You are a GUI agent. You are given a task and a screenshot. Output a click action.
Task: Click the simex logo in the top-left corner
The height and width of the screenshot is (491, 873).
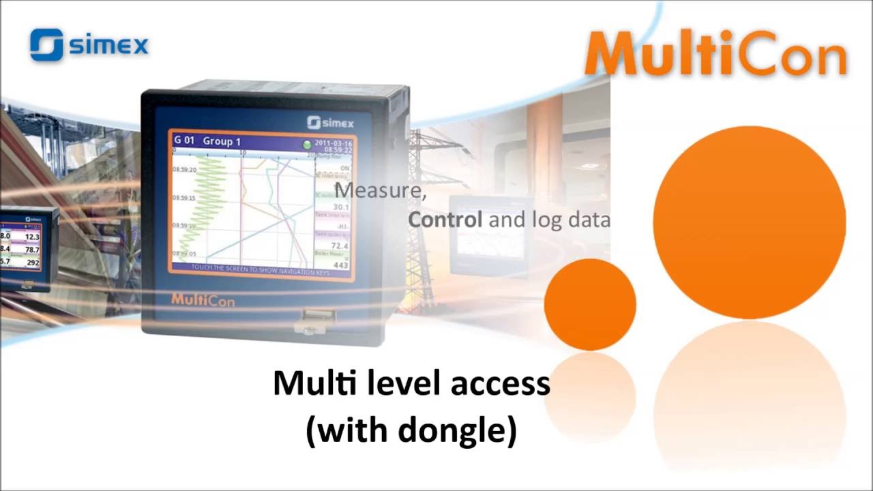coord(89,45)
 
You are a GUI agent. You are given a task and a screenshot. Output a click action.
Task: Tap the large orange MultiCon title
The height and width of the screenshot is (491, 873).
coord(716,54)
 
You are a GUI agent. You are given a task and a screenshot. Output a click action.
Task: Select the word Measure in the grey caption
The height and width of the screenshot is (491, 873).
coord(380,190)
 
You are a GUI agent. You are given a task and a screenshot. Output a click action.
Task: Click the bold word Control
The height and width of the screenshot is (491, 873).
coord(445,220)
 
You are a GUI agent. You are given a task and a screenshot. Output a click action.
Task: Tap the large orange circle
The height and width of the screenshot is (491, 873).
coord(749,222)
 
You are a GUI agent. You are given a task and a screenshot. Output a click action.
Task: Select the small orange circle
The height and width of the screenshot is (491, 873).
coord(590,304)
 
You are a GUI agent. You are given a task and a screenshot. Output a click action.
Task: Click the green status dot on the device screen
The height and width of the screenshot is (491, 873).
coord(308,145)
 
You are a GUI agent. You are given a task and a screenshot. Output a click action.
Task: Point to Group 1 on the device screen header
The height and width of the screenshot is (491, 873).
coord(222,142)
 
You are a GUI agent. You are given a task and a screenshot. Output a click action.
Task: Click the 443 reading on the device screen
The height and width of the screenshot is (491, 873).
coord(340,265)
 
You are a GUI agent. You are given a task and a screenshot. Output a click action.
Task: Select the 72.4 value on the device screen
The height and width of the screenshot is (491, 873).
coord(340,245)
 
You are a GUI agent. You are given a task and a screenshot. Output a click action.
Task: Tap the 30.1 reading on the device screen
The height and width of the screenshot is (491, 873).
coord(341,207)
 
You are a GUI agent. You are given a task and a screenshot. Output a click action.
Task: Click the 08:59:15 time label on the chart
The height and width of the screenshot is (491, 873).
coord(184,198)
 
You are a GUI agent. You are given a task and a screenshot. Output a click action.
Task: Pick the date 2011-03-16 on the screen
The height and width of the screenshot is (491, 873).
coord(333,143)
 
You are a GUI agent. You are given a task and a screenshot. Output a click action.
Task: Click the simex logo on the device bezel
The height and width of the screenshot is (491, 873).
coord(330,122)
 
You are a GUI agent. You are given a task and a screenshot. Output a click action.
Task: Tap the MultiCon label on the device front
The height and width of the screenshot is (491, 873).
coord(203,299)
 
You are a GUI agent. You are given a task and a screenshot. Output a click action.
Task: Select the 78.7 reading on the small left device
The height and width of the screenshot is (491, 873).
coord(32,250)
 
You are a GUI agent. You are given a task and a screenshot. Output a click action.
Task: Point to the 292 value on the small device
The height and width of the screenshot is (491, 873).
coord(32,263)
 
